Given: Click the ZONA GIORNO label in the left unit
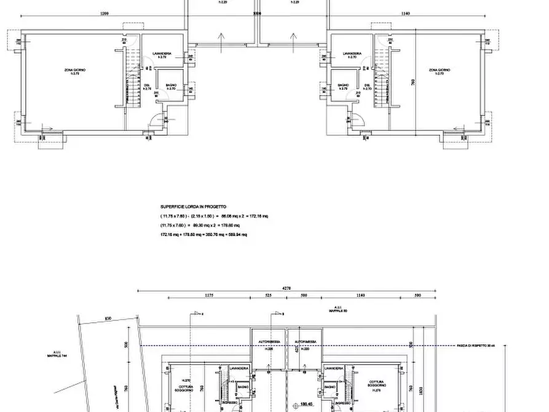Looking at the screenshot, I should coord(74,71).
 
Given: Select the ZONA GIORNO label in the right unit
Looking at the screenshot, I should coord(439,71).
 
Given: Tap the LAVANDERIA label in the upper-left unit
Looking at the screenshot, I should coord(162,55).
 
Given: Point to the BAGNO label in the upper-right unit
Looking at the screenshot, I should coord(343,85).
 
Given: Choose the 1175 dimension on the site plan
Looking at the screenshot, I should coord(208,296).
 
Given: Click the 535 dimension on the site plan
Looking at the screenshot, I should coord(268,296).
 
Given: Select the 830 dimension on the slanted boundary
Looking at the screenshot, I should coord(108,318).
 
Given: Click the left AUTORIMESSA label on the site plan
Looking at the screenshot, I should coord(269,342).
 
